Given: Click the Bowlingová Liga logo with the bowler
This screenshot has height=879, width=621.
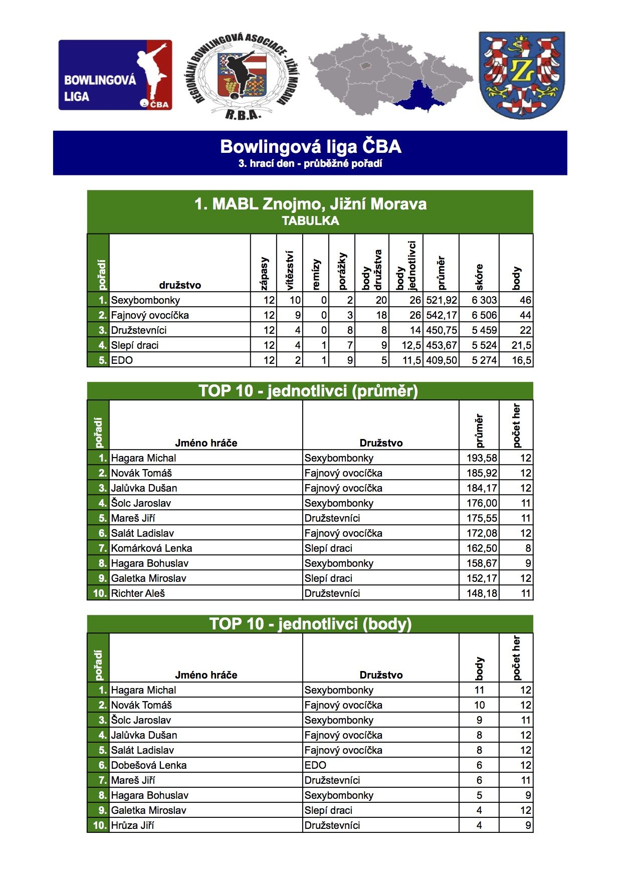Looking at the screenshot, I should click(115, 75).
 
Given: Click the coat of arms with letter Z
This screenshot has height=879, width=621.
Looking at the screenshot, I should click(522, 75).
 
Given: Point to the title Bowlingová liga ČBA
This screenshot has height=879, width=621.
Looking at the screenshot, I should click(310, 147).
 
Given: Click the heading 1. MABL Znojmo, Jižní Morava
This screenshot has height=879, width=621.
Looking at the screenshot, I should click(310, 204).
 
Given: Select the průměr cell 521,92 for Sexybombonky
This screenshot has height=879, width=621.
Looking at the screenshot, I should click(441, 300).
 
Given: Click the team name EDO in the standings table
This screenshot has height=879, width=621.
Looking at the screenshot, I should click(122, 360).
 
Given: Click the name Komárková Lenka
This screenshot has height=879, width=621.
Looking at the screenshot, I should click(151, 548).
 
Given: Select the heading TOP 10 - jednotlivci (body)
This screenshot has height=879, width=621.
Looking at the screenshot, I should click(310, 624).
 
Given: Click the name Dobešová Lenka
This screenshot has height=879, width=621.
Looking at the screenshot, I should click(149, 765).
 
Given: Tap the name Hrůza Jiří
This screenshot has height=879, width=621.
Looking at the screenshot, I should click(132, 825).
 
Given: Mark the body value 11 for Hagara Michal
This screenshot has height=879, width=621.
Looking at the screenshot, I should click(479, 690).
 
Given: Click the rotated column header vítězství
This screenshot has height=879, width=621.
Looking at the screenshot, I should click(290, 271).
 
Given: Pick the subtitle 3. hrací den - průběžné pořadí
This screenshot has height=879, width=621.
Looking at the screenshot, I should click(310, 164).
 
